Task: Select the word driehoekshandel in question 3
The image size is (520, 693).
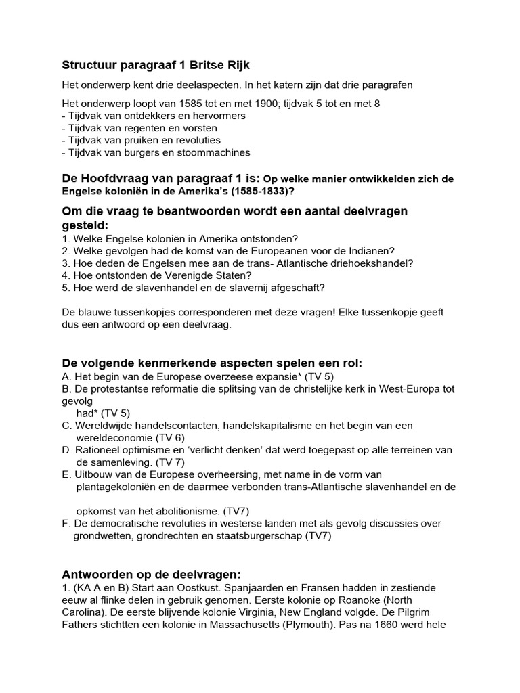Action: [x=368, y=263]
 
